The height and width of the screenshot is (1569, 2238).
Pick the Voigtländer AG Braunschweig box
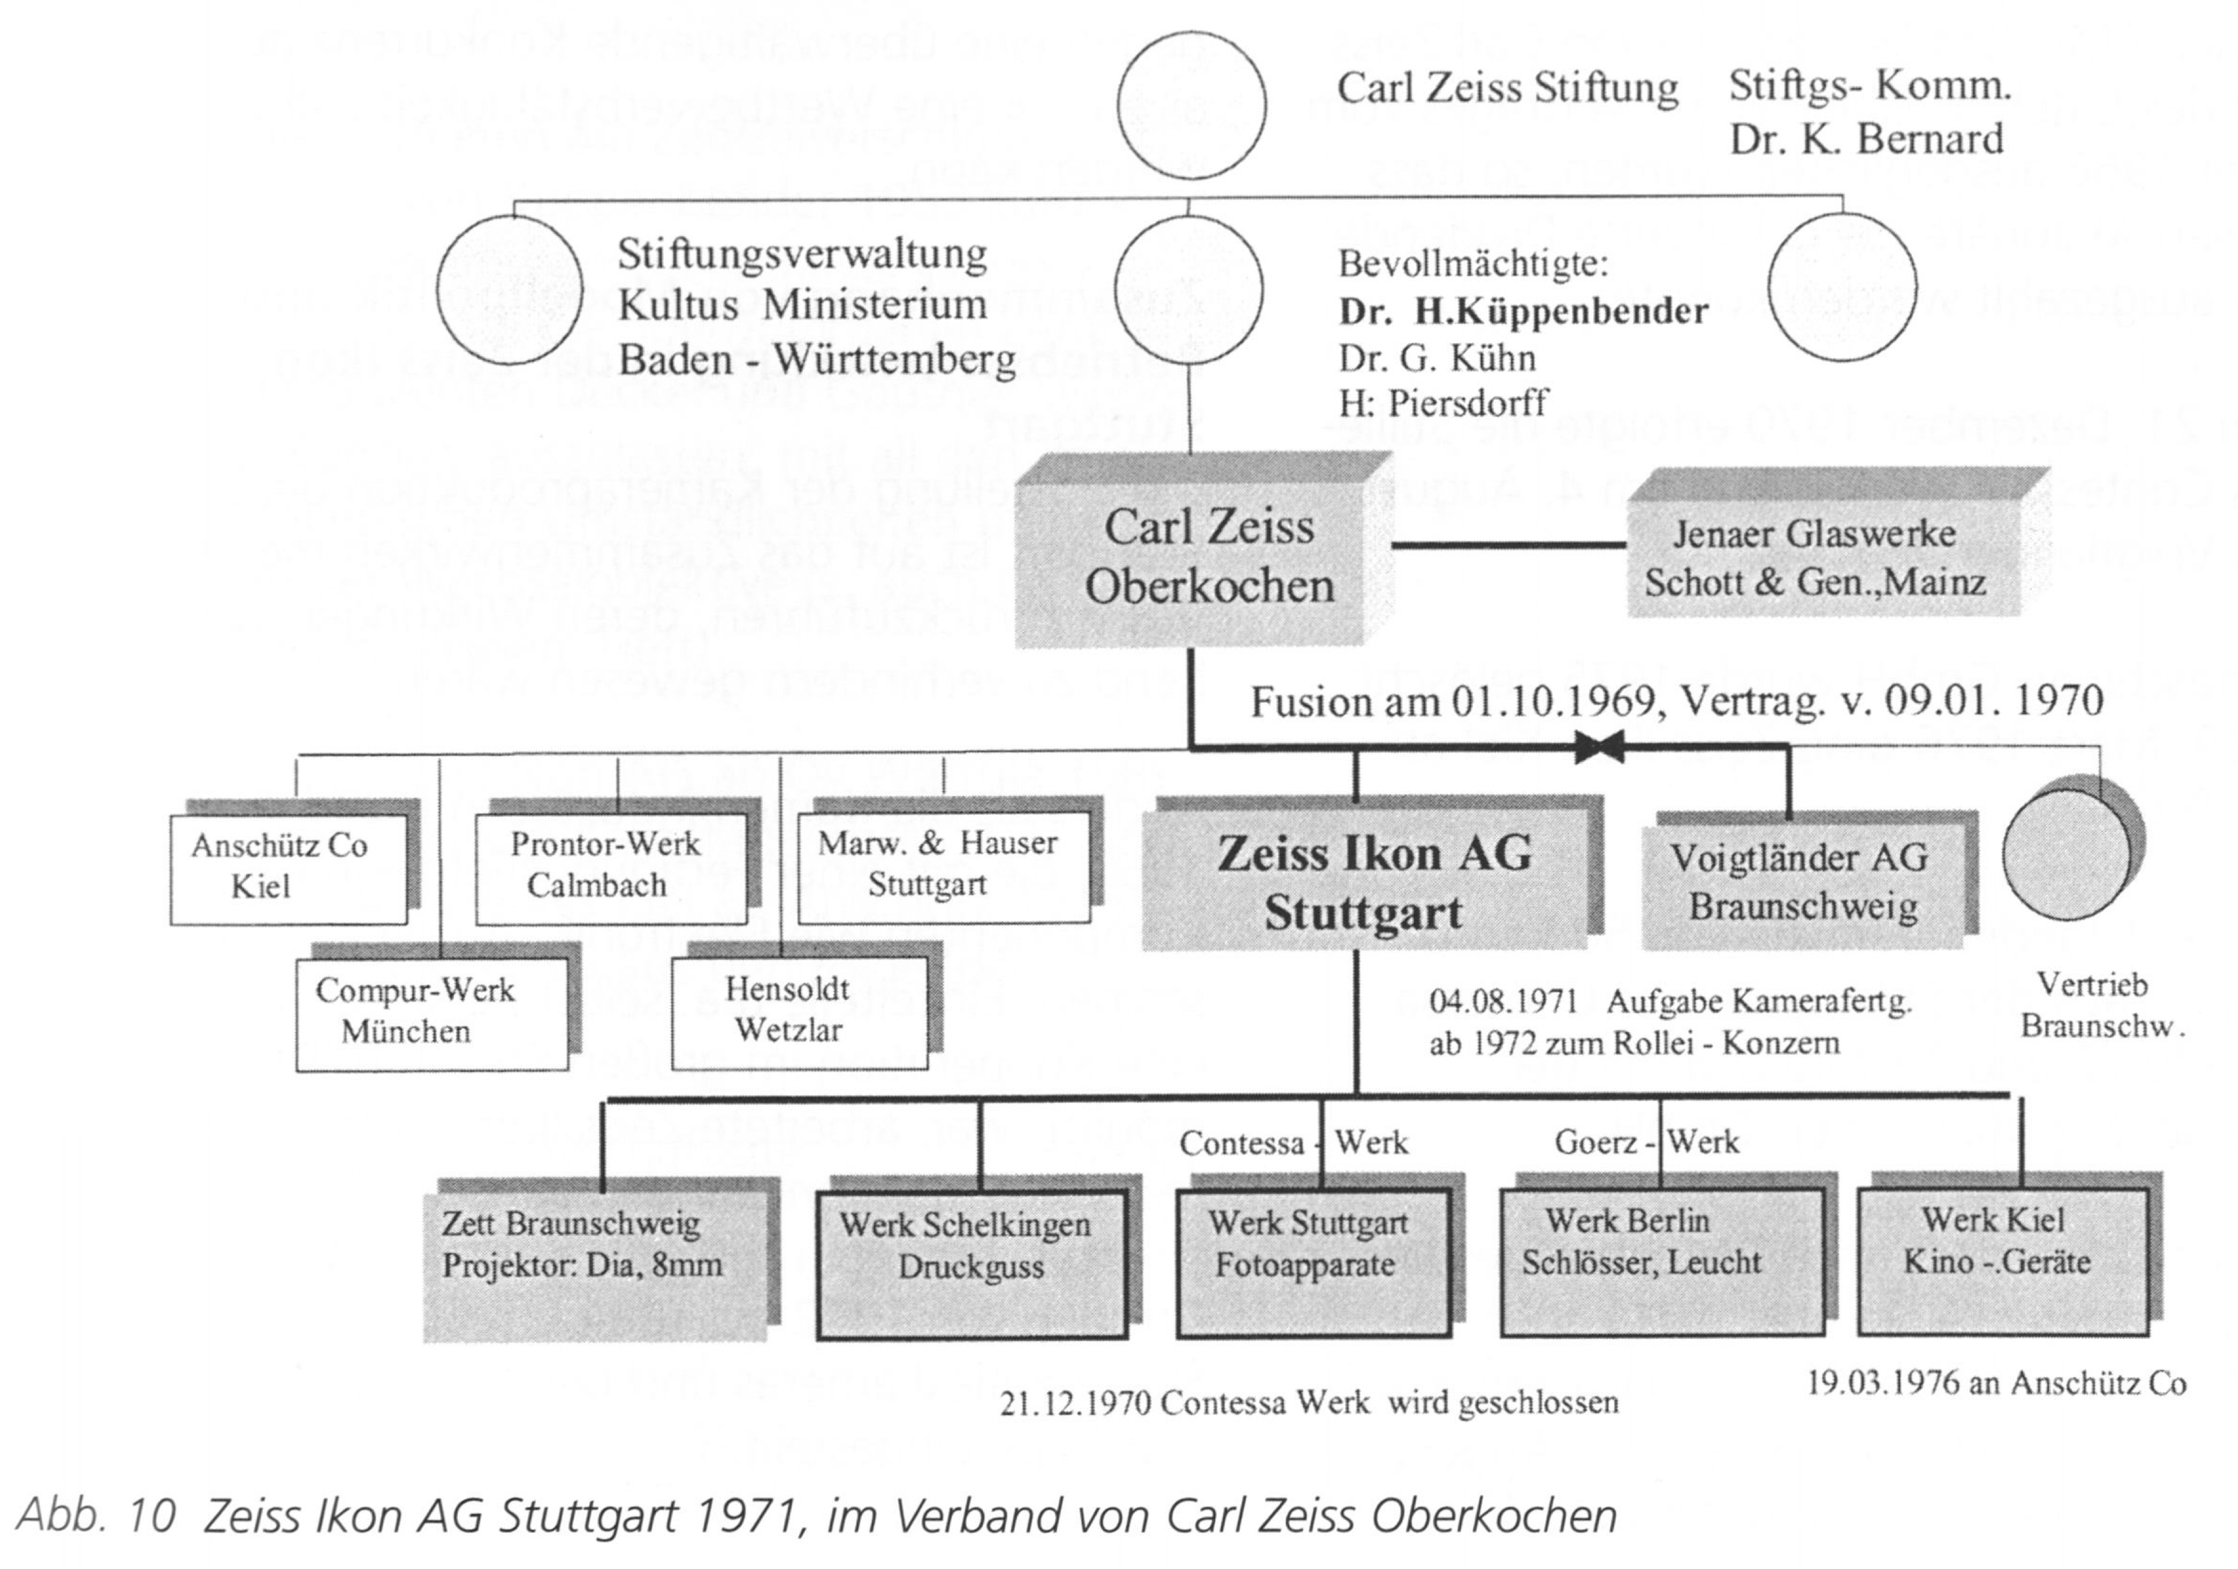[x=1801, y=883]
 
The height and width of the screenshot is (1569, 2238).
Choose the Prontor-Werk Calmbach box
[x=610, y=866]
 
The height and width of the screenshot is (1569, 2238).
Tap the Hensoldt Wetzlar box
[x=799, y=1012]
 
